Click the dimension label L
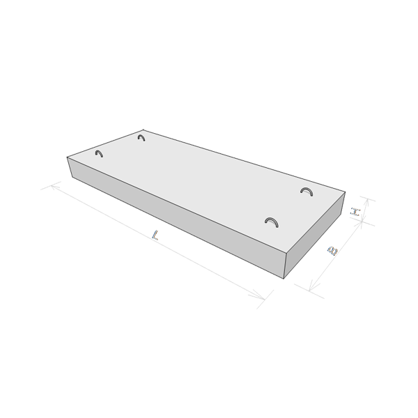155,235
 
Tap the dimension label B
332,251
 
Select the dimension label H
355,212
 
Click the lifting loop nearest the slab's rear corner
141,137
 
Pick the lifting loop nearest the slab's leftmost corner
99,153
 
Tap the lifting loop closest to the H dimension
307,191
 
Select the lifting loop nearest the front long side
272,222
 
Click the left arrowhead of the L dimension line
54,185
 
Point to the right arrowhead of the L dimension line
259,297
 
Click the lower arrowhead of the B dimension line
312,286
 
